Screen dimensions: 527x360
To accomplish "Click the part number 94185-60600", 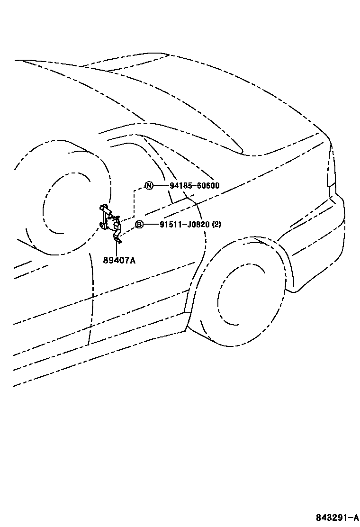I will tap(194, 185).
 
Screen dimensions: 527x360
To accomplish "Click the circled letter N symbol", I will tap(149, 185).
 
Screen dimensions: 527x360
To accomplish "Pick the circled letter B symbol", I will tap(139, 225).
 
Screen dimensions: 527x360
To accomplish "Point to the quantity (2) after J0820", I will tap(216, 225).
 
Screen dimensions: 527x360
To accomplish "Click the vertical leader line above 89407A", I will tap(116, 248).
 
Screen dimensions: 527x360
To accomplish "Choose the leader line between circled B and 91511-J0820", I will tap(152, 225).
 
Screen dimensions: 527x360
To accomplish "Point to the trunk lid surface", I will tap(246, 109).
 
